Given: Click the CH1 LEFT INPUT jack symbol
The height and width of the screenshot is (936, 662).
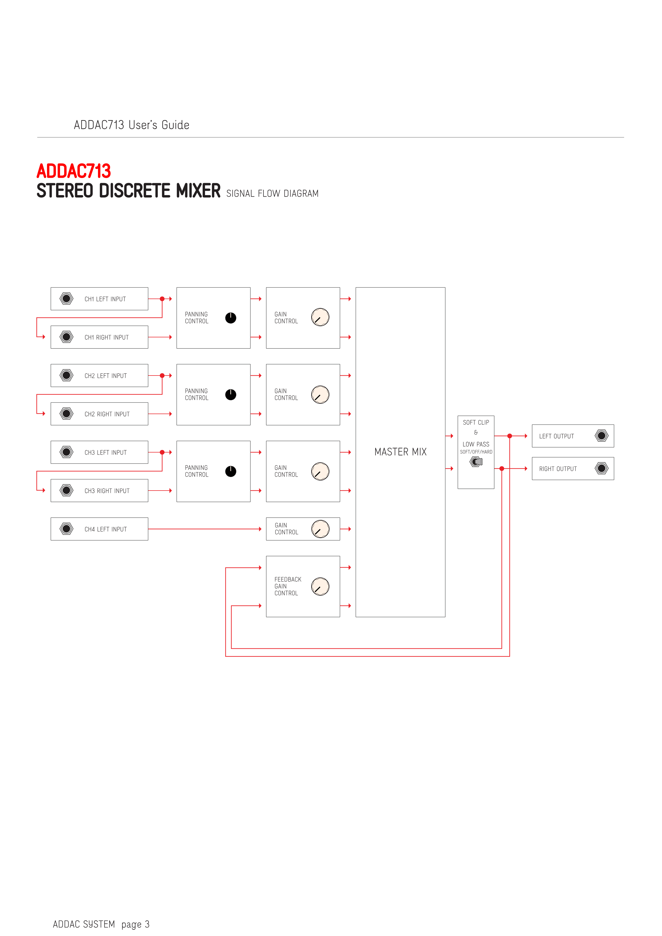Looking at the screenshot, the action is (66, 299).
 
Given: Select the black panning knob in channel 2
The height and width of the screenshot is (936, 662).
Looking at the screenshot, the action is (231, 395).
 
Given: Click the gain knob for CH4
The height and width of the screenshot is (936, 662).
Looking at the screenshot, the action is (320, 529).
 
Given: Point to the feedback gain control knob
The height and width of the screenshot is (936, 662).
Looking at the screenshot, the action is (320, 587).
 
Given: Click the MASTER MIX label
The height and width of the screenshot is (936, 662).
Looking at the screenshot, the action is (401, 452).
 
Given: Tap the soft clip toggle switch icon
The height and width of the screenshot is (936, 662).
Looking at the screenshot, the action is (476, 462).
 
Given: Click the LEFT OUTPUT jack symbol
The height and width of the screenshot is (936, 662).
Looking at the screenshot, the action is (602, 436).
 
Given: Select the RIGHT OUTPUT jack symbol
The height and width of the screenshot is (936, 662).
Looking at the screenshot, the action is (602, 468).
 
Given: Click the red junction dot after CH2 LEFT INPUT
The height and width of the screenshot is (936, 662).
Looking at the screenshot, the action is (162, 376).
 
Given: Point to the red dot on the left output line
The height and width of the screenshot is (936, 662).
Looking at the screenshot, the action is (510, 436).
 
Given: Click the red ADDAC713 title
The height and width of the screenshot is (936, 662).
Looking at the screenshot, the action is (74, 171).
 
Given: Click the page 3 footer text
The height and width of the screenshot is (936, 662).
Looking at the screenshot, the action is (135, 924).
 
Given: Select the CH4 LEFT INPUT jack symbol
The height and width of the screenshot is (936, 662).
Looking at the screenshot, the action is (66, 529).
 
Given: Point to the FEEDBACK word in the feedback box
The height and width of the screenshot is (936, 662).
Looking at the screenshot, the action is (288, 579).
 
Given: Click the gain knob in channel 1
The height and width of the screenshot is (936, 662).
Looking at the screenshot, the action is (320, 317).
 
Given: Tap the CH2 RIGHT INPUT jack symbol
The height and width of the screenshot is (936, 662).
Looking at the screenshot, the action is (66, 414).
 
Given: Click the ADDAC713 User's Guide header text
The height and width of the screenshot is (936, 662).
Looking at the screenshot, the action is (132, 125).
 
